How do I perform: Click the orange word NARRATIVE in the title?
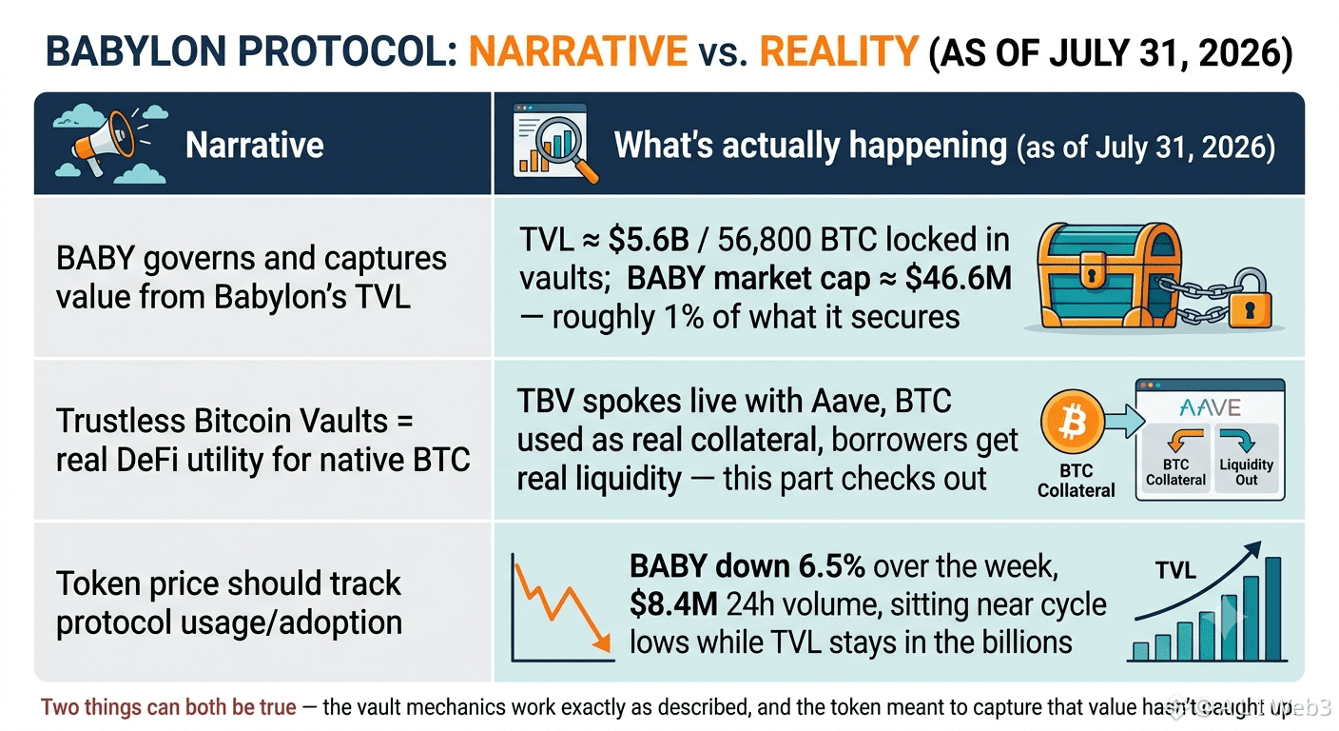coord(578,52)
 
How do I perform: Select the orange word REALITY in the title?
coord(839,52)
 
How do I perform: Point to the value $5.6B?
coord(649,240)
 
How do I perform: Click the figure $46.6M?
coord(959,278)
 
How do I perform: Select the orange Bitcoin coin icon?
coord(1073,422)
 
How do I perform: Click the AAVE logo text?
coord(1210,408)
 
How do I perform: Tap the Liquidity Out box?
coord(1247,458)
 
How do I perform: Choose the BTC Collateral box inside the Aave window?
coord(1175,458)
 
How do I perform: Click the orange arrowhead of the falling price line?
coord(603,642)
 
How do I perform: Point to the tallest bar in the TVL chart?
coord(1272,608)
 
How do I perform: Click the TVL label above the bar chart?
coord(1175,571)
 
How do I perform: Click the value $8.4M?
coord(673,604)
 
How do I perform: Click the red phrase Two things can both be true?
coord(168,707)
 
